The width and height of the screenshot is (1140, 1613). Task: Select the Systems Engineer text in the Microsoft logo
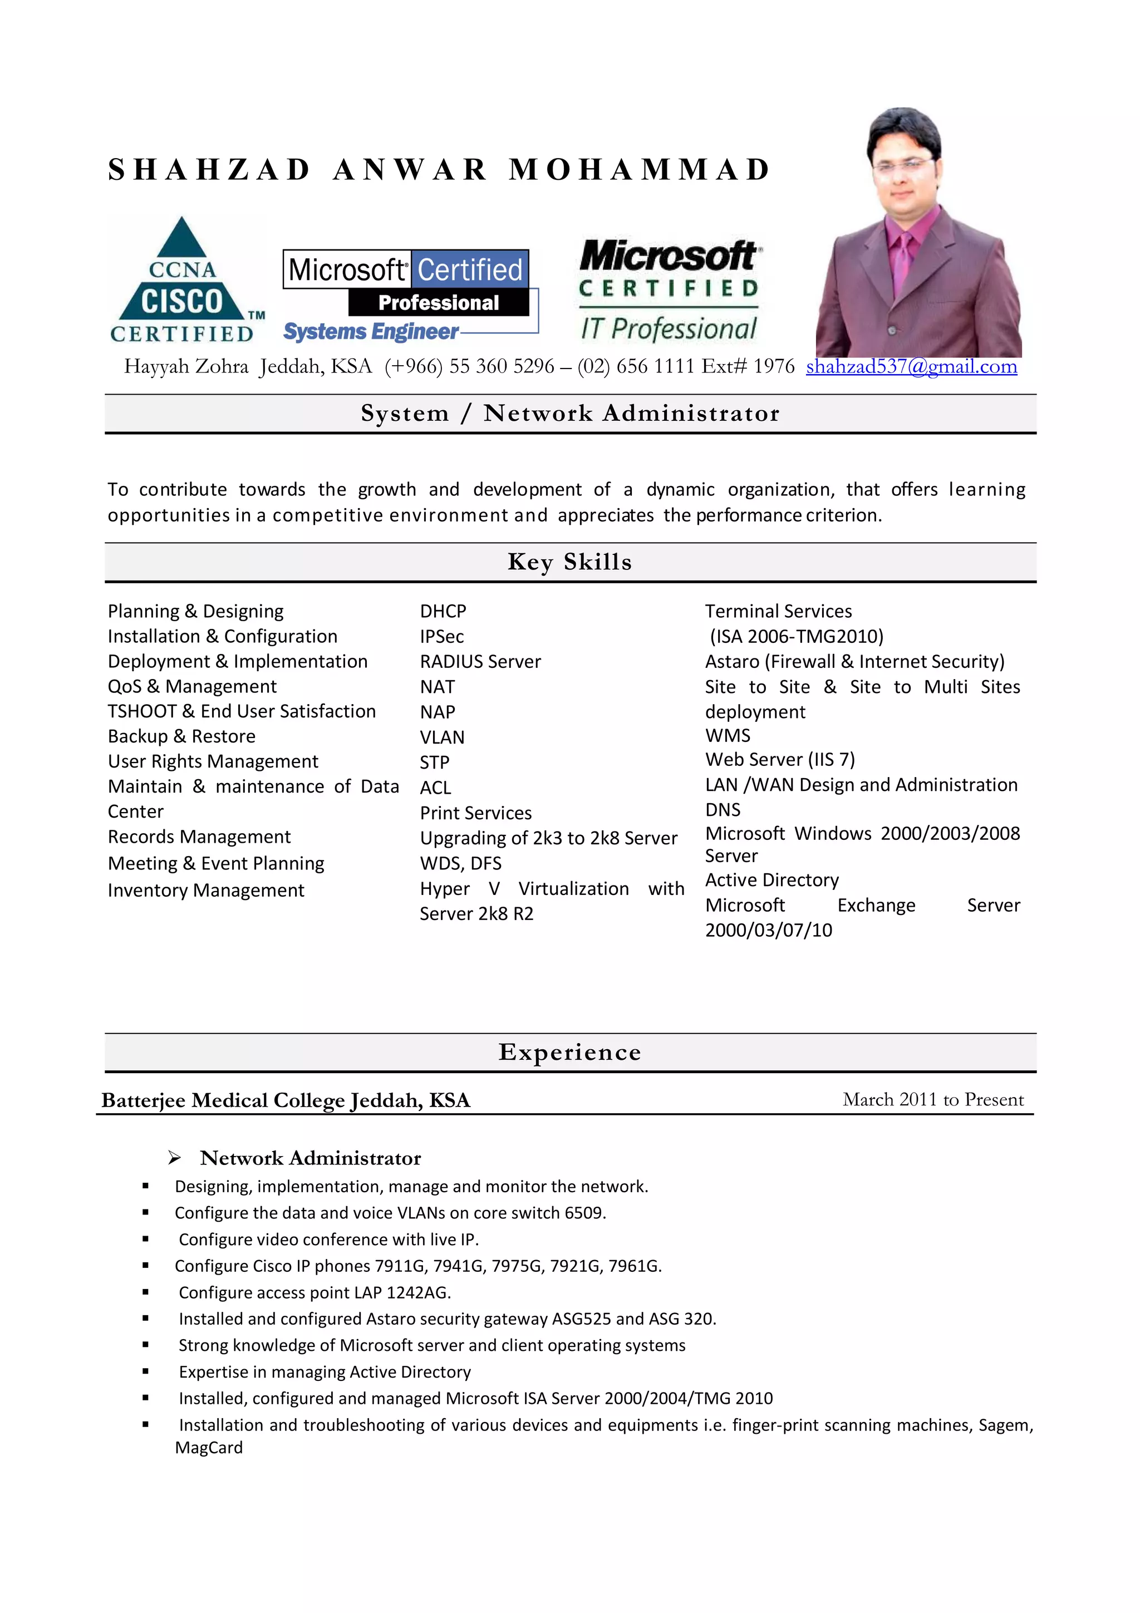click(x=370, y=332)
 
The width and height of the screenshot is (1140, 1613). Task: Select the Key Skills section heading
click(x=569, y=562)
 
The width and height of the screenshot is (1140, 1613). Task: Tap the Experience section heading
click(x=569, y=1052)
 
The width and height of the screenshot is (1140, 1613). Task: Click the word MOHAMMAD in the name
click(x=640, y=169)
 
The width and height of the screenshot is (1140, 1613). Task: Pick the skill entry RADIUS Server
click(x=480, y=662)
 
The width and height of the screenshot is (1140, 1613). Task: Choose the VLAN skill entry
click(x=442, y=737)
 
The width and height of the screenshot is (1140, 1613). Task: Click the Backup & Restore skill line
click(x=181, y=736)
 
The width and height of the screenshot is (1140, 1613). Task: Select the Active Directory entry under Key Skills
click(x=772, y=881)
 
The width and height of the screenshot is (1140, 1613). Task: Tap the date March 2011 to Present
click(x=933, y=1099)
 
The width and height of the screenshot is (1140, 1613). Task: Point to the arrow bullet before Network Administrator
click(x=174, y=1158)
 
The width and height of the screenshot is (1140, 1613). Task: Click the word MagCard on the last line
click(x=209, y=1448)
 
